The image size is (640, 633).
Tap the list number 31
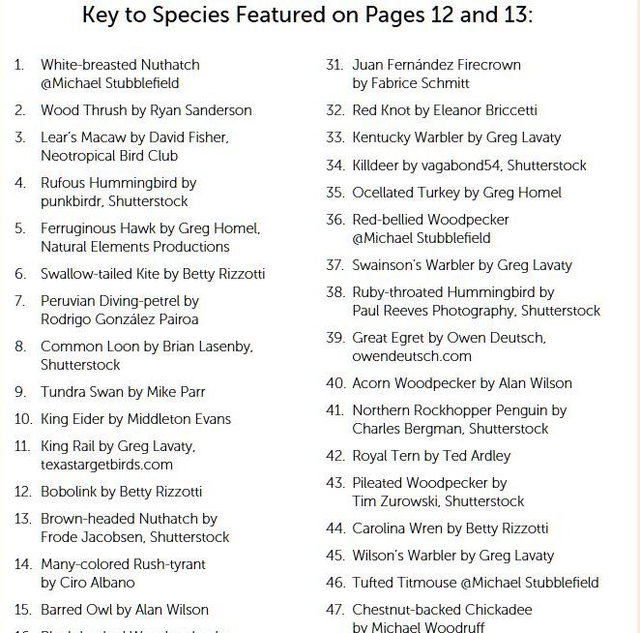(335, 65)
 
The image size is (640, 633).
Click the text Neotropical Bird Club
(109, 156)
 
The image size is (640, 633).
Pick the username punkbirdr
(72, 201)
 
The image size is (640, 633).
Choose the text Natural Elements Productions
(135, 247)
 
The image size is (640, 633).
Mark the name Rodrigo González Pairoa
(120, 319)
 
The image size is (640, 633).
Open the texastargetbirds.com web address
(106, 465)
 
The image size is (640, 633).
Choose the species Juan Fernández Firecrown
(436, 65)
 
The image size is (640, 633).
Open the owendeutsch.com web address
(412, 356)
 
